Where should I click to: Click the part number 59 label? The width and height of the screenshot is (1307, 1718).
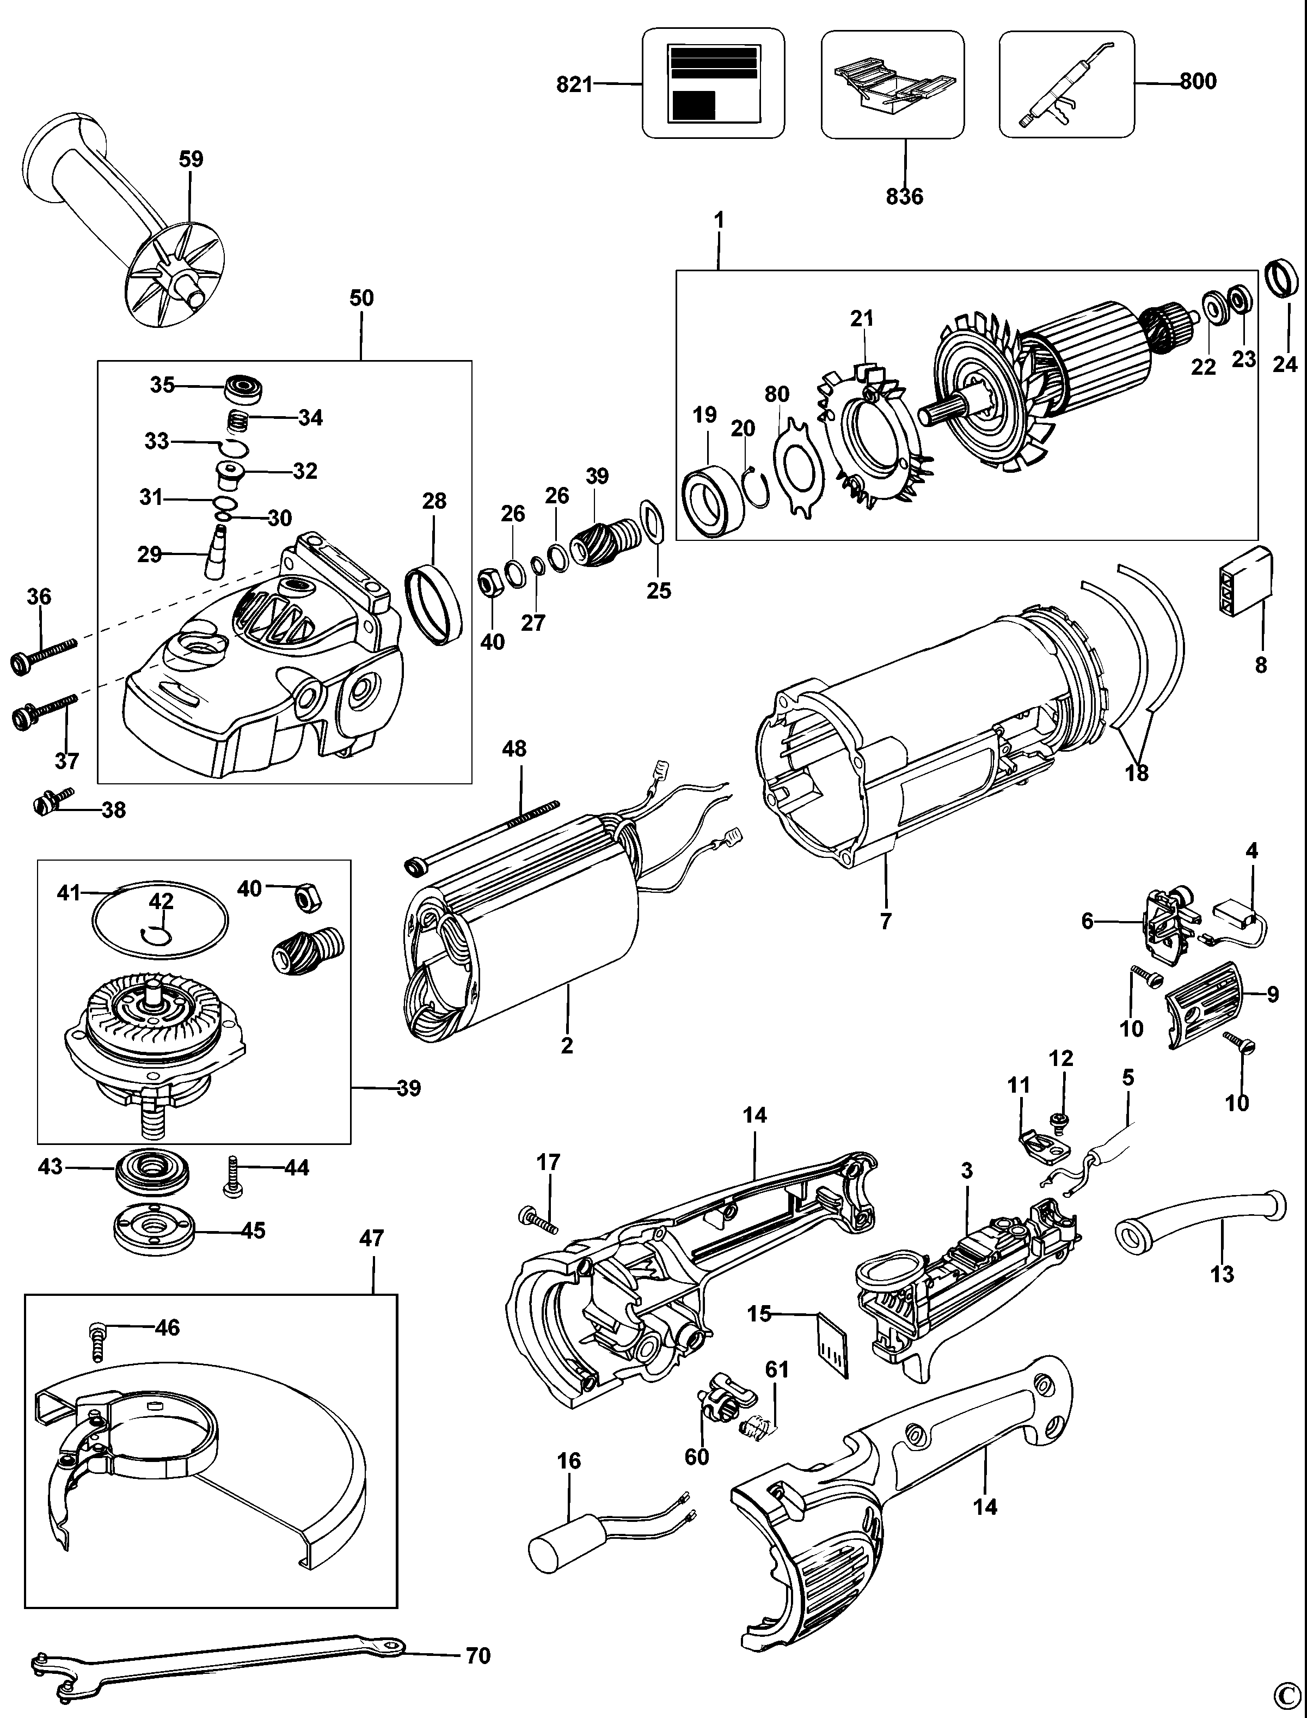coord(191,159)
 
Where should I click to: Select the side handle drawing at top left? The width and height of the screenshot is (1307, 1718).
coord(125,226)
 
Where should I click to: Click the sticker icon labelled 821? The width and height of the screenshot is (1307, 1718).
coord(713,83)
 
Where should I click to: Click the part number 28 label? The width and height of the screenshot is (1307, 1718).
coord(434,501)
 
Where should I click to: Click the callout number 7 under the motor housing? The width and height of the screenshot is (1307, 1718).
coord(885,922)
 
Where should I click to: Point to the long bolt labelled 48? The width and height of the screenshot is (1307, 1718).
coord(482,832)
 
